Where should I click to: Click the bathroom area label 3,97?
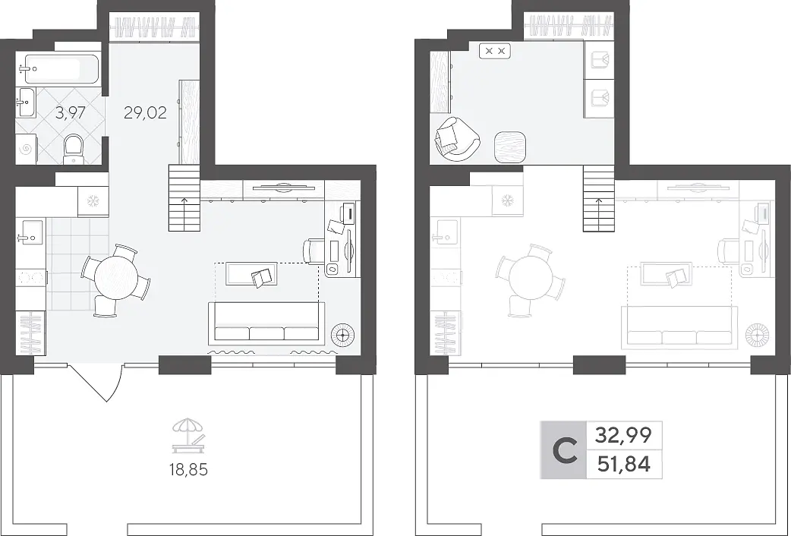tap(70, 112)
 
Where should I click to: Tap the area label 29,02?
tap(145, 112)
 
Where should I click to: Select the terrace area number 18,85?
tap(189, 470)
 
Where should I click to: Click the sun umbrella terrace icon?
tap(189, 435)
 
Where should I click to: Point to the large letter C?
tap(565, 450)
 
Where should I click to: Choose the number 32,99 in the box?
tap(623, 434)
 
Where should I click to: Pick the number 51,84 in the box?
tap(623, 463)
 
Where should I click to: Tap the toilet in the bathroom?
tap(74, 148)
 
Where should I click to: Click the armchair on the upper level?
tap(456, 139)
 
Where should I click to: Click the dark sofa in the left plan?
tap(267, 323)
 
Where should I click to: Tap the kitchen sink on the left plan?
tap(31, 231)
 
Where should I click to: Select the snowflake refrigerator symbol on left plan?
tap(93, 201)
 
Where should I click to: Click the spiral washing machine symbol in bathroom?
tap(27, 149)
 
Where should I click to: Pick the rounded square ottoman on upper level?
tap(510, 147)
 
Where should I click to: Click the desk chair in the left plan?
tap(313, 251)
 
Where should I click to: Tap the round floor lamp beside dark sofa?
tap(343, 333)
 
